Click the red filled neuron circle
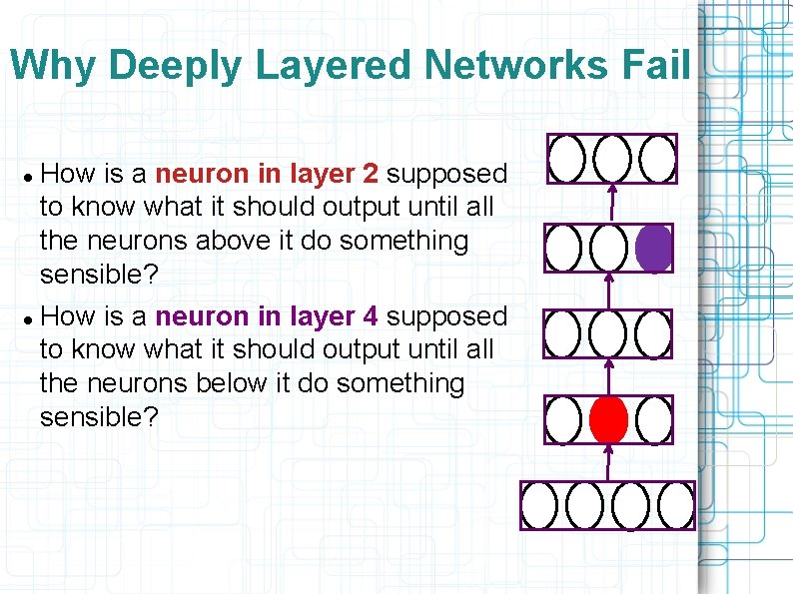(x=608, y=419)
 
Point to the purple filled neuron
(x=653, y=248)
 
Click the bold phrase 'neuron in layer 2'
(x=268, y=174)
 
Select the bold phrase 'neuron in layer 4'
(x=268, y=316)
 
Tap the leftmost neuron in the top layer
(x=567, y=159)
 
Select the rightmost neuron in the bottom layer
(x=676, y=505)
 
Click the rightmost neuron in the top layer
(x=656, y=159)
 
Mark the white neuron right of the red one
(x=653, y=419)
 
